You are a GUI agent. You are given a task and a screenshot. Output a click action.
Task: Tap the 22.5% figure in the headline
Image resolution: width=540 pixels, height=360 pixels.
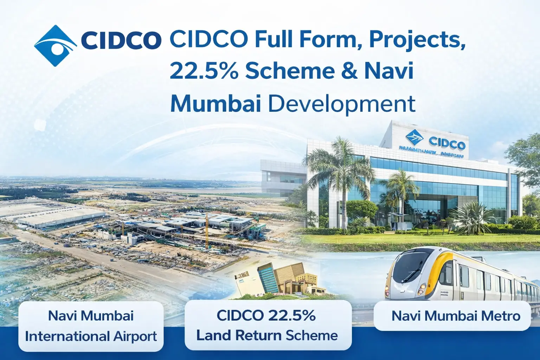pyautogui.click(x=204, y=71)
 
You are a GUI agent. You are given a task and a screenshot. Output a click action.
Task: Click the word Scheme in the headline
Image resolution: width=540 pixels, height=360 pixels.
pyautogui.click(x=289, y=71)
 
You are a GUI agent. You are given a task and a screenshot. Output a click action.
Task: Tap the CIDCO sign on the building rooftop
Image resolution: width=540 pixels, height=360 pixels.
pyautogui.click(x=446, y=143)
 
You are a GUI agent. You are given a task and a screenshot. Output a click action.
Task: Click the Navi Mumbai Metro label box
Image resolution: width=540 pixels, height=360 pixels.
pyautogui.click(x=452, y=316)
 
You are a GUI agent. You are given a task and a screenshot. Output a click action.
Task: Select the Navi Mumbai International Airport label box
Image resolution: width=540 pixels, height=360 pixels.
pyautogui.click(x=91, y=326)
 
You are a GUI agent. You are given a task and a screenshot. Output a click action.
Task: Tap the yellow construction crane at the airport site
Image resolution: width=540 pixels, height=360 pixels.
pyautogui.click(x=207, y=229)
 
